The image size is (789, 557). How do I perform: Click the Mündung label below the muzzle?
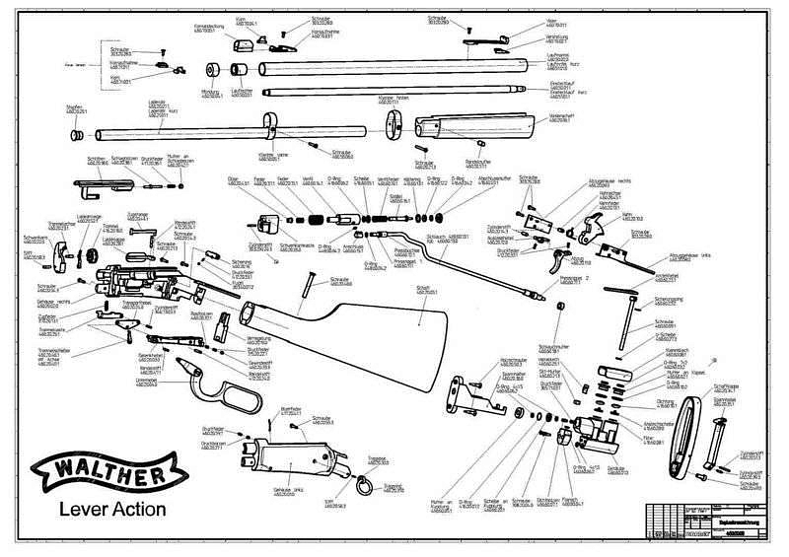coord(208,94)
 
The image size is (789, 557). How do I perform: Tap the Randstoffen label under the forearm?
coord(477,160)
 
